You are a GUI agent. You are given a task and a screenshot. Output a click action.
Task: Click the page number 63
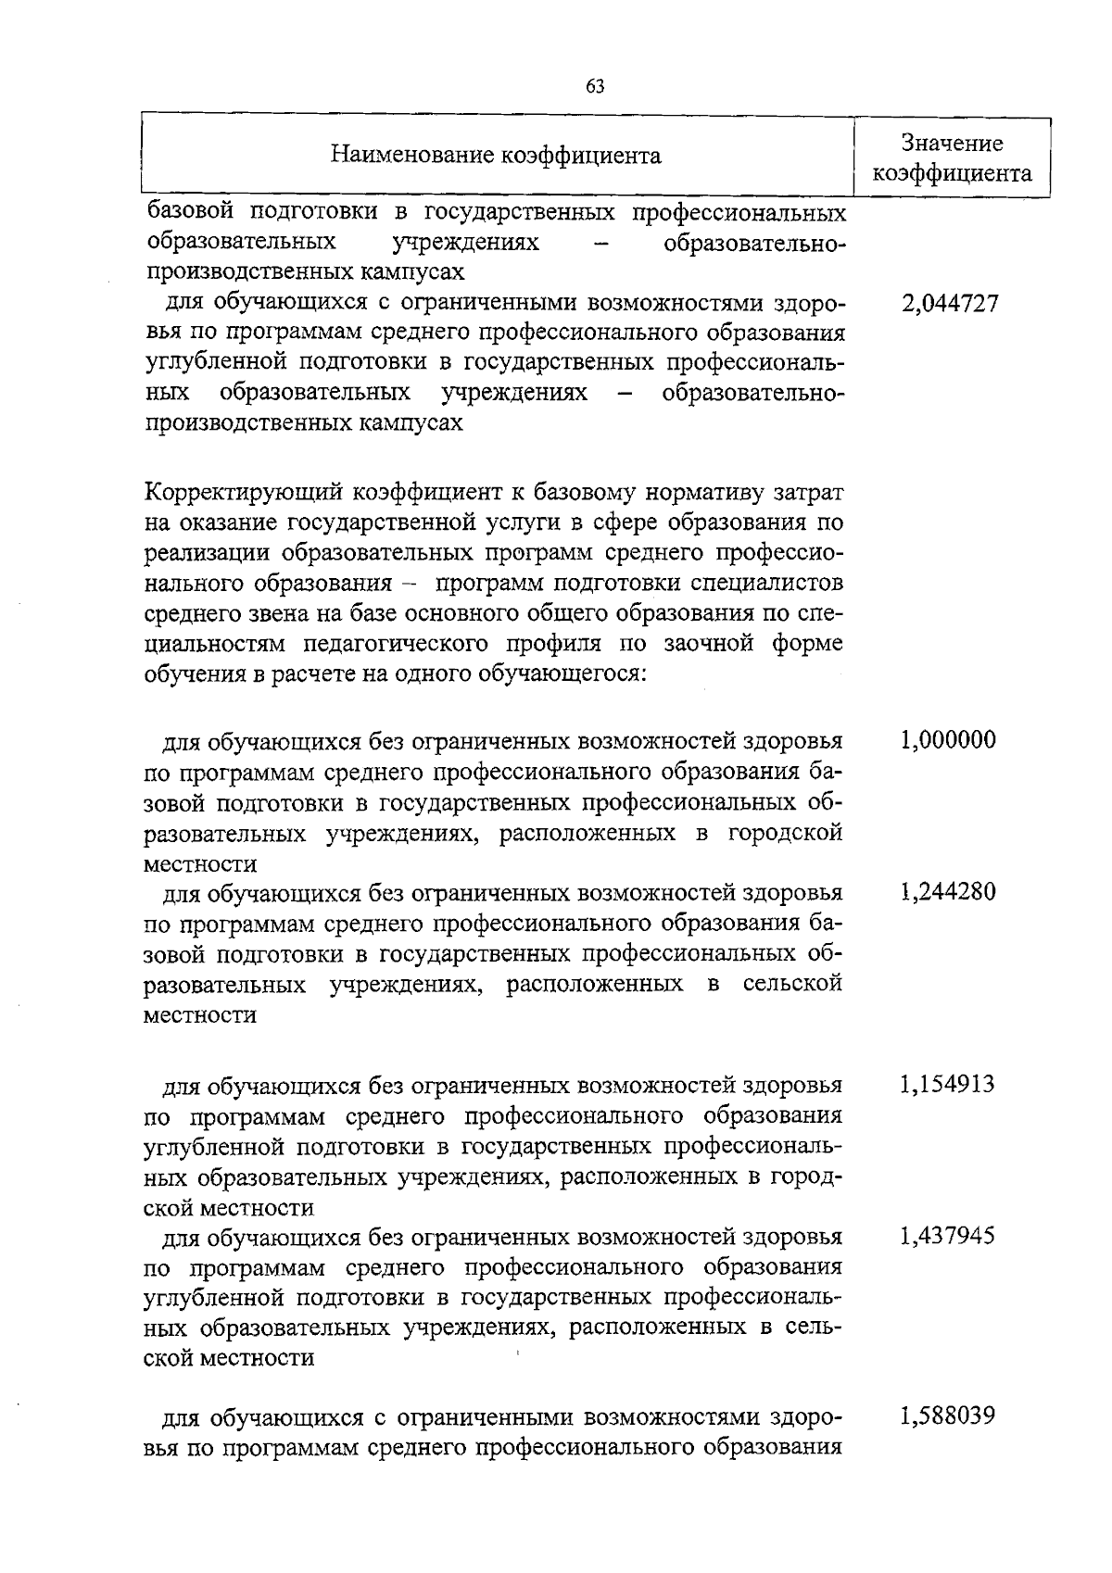coord(595,87)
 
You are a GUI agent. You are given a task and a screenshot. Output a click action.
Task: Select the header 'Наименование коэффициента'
coord(497,156)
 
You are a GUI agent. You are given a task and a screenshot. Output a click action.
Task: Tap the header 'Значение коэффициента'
coord(953,158)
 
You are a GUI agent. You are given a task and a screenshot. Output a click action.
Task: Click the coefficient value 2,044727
coord(950,304)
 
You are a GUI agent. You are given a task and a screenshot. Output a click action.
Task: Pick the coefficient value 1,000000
coord(948,740)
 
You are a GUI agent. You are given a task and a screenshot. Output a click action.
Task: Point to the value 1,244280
coord(948,892)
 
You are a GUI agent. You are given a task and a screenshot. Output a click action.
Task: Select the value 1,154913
coord(948,1084)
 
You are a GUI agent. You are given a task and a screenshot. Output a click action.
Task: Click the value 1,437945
coord(948,1236)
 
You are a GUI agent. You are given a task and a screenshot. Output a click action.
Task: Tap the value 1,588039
coord(948,1416)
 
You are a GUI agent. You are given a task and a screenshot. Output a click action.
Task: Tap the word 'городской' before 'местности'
coord(784,833)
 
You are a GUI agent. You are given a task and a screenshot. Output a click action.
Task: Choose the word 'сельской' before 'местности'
coord(792,983)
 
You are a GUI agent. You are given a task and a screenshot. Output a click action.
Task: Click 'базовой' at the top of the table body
coord(186,213)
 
